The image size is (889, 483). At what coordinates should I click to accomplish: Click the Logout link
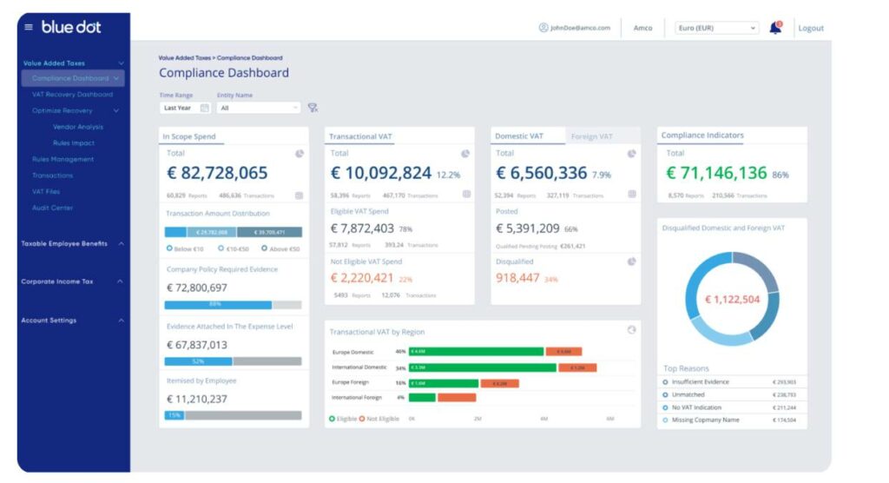[x=810, y=28]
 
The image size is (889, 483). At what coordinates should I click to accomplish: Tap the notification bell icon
[x=774, y=28]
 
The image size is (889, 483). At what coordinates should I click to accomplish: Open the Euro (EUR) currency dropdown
[x=716, y=28]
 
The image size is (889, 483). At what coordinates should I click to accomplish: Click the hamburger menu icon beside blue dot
[x=29, y=27]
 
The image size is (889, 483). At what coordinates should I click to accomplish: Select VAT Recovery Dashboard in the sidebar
[x=72, y=95]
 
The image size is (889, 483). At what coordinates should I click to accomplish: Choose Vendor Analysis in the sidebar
[x=78, y=127]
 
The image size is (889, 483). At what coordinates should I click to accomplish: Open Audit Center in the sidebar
[x=52, y=208]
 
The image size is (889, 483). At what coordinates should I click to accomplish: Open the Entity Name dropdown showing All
[x=258, y=108]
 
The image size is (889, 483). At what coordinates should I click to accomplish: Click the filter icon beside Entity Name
[x=313, y=108]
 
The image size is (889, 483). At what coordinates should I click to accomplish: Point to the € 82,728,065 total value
[x=217, y=173]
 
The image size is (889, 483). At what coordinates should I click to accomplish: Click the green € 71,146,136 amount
[x=716, y=173]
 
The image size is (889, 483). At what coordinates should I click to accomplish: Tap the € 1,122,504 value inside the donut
[x=731, y=300]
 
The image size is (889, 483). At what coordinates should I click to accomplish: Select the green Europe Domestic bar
[x=476, y=352]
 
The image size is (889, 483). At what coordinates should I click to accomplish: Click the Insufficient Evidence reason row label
[x=700, y=382]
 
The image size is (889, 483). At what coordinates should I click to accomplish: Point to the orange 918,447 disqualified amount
[x=517, y=278]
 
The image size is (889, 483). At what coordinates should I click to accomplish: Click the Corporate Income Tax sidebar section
[x=57, y=281]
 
